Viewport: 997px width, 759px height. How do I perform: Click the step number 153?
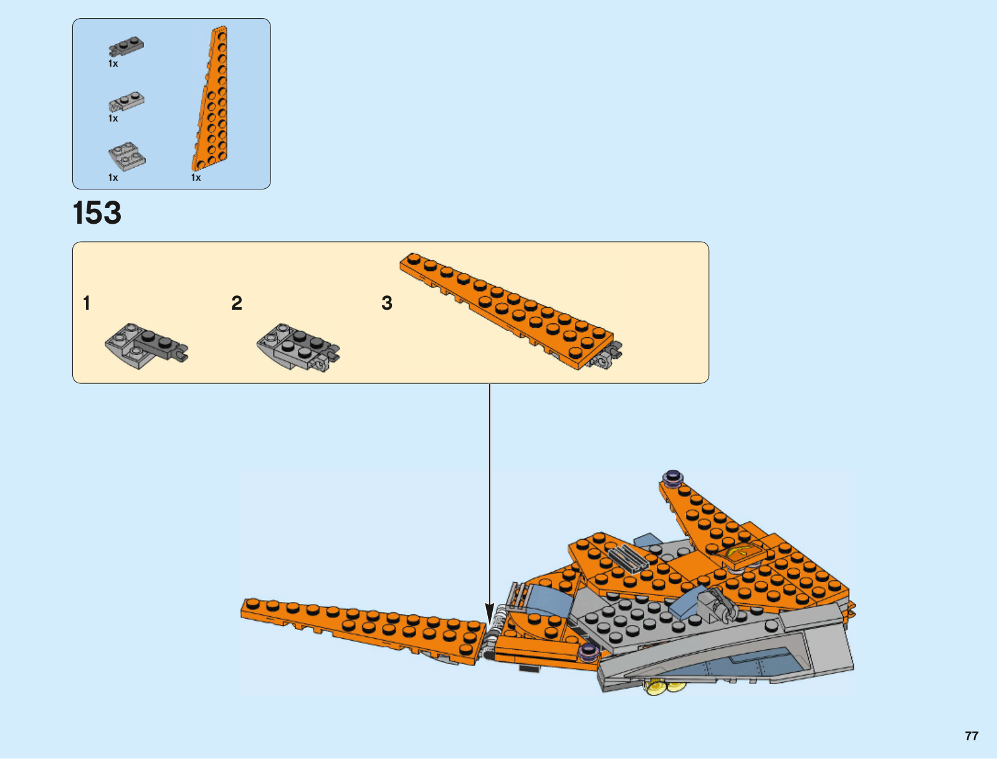click(97, 212)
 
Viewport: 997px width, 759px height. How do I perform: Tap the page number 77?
click(971, 736)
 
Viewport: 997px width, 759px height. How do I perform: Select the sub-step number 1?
click(87, 303)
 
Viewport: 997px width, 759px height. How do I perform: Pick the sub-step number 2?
click(237, 303)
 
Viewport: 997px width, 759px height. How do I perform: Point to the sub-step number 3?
click(386, 303)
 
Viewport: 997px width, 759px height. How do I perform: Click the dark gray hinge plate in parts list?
click(126, 46)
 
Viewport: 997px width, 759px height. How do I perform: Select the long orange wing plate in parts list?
click(211, 98)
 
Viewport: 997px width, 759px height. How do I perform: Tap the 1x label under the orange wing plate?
click(196, 178)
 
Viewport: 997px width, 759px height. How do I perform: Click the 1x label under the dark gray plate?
click(113, 64)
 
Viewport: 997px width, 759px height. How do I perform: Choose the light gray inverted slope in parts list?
click(126, 156)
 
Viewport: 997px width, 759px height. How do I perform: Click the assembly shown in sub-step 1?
click(146, 346)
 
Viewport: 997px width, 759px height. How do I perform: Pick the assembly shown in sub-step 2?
click(298, 348)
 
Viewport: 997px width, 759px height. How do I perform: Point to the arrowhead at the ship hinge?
click(490, 613)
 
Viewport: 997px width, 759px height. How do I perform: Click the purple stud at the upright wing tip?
click(673, 477)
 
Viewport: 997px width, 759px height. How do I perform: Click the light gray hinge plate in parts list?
click(126, 102)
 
